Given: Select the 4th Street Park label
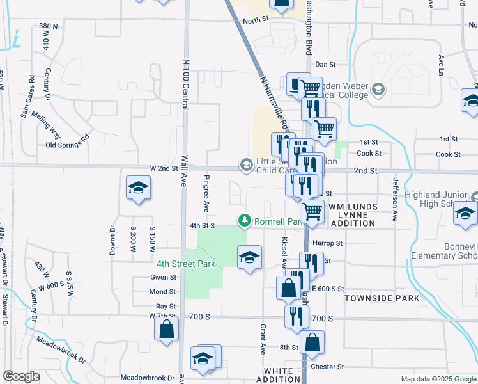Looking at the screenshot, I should click(186, 263).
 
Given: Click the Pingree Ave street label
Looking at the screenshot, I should click(206, 193).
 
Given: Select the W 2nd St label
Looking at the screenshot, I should click(164, 168).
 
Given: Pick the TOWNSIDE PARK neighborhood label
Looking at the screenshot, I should click(382, 298).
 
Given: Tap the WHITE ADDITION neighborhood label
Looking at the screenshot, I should click(282, 375).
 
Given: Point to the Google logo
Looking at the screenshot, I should click(21, 376).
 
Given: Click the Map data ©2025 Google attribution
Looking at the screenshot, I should click(438, 379).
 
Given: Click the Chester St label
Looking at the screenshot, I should click(327, 367).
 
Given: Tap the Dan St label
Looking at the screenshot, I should click(325, 65).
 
